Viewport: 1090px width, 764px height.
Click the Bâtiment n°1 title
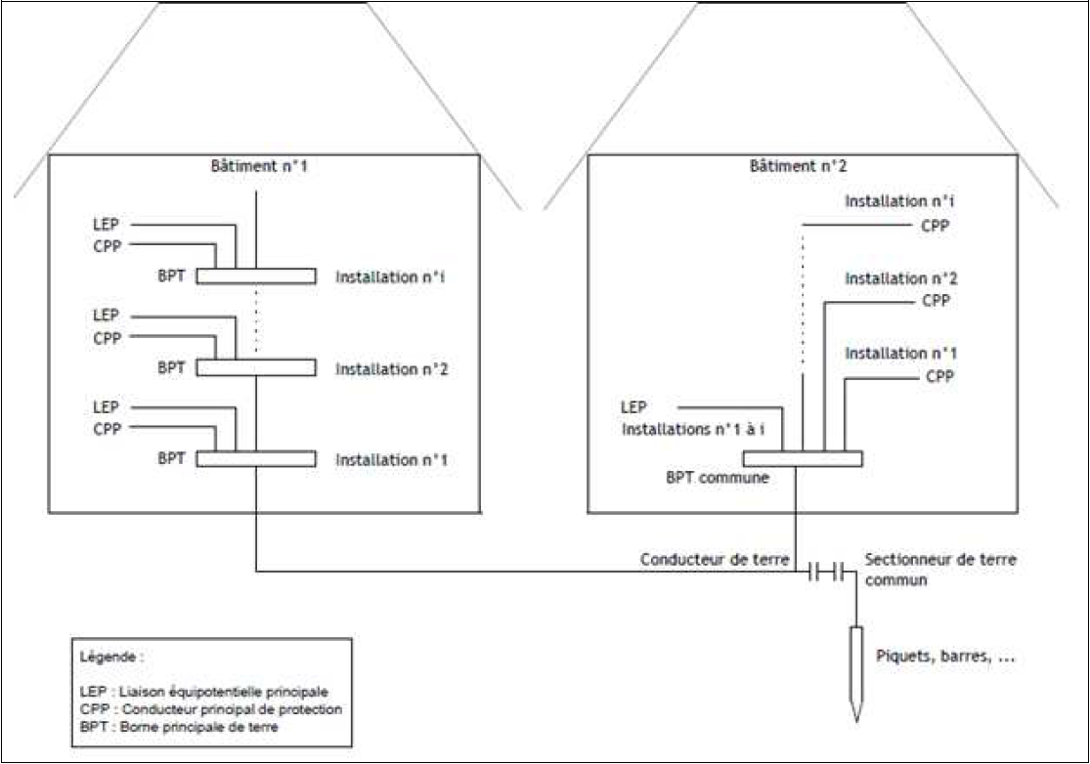(255, 166)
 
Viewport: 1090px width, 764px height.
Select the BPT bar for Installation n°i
(256, 276)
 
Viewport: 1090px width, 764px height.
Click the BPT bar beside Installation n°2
(256, 368)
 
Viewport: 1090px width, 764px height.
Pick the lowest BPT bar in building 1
(256, 458)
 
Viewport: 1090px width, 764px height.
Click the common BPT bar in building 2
(802, 458)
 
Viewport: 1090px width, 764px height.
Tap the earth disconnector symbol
(826, 572)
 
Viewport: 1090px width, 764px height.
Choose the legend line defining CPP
(210, 708)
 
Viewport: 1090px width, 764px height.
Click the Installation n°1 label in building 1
(392, 459)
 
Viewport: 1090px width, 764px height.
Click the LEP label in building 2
(633, 406)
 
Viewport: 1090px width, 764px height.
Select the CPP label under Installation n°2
(937, 301)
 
